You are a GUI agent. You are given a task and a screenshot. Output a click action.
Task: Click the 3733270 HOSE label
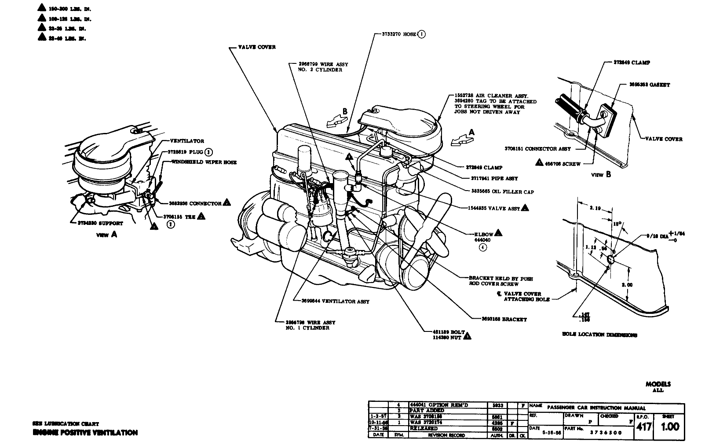[x=395, y=34]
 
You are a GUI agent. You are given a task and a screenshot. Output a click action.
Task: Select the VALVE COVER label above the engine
[x=257, y=47]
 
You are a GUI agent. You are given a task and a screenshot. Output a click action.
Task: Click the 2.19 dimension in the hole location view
[x=596, y=208]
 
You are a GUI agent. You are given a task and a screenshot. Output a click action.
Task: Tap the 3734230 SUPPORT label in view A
[x=98, y=223]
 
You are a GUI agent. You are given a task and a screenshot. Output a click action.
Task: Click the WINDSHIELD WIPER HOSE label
[x=204, y=162]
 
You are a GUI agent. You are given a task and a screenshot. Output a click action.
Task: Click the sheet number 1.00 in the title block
[x=670, y=426]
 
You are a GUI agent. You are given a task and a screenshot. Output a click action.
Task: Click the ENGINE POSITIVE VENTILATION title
[x=85, y=433]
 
